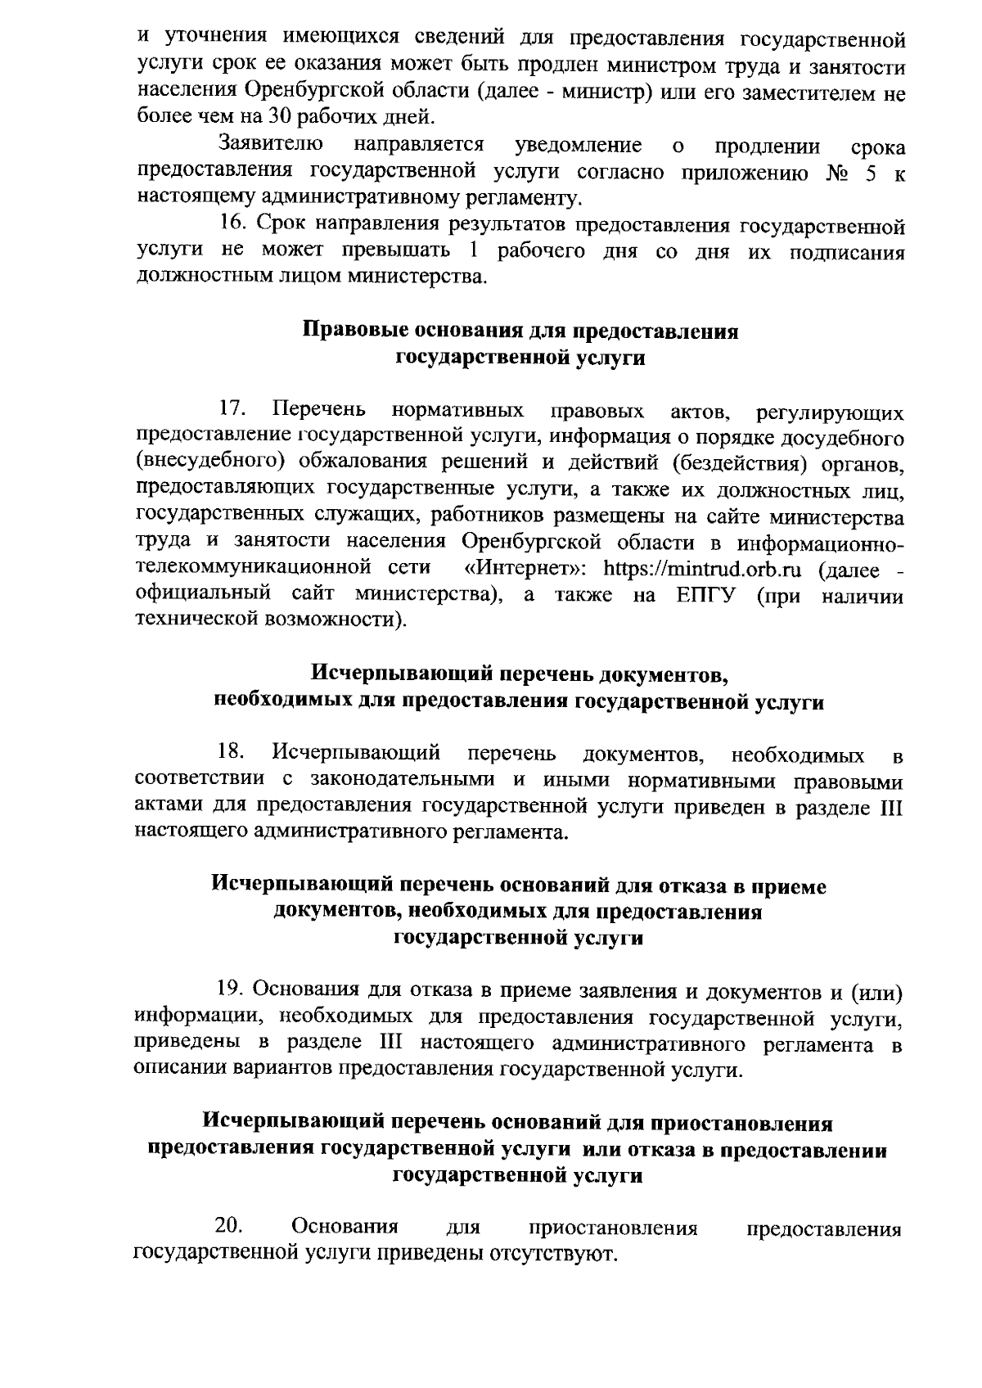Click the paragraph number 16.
pyautogui.click(x=232, y=224)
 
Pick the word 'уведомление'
pyautogui.click(x=578, y=145)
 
